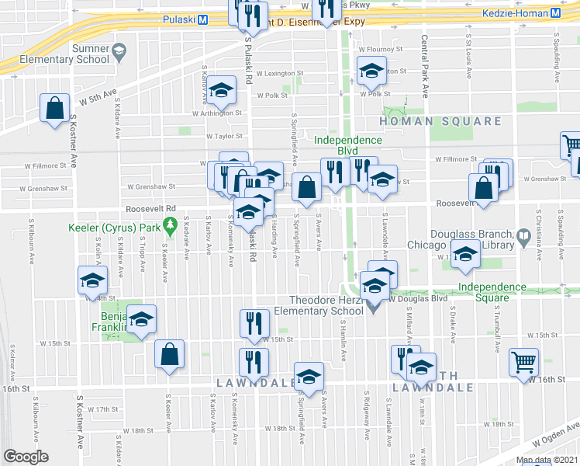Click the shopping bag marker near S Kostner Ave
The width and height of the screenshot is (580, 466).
pyautogui.click(x=56, y=109)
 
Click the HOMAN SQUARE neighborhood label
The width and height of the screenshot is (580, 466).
pyautogui.click(x=440, y=122)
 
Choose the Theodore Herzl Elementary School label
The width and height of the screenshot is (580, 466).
pyautogui.click(x=326, y=305)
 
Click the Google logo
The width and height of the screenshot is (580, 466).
pyautogui.click(x=26, y=457)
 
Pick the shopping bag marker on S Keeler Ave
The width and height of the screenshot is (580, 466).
pyautogui.click(x=169, y=354)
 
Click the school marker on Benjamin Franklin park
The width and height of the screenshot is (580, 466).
pyautogui.click(x=141, y=319)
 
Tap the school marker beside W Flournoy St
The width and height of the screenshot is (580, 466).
pyautogui.click(x=371, y=71)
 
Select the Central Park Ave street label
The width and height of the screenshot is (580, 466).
pyautogui.click(x=425, y=66)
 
